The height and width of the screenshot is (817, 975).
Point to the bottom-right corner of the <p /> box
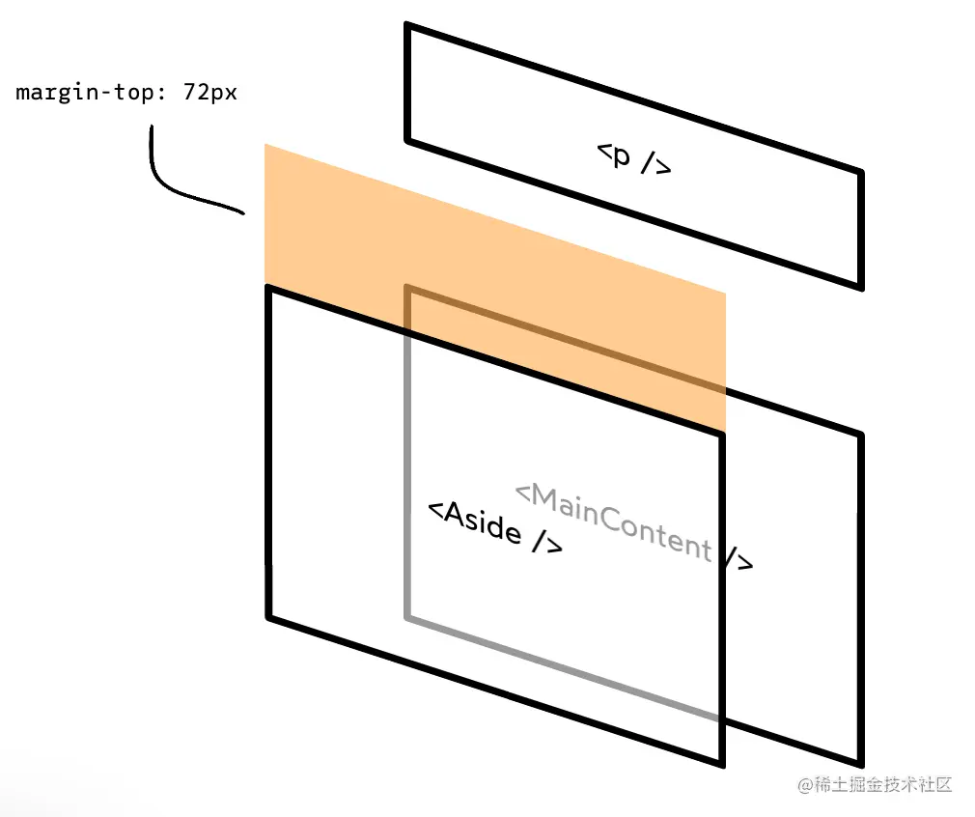859,286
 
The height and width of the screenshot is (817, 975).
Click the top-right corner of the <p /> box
859,174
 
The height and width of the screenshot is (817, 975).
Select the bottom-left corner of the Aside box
269,615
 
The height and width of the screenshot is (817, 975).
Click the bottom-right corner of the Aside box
721,764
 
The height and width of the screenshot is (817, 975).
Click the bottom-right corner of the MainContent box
859,764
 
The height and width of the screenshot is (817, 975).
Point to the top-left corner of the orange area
265,145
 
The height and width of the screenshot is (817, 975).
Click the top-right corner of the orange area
724,293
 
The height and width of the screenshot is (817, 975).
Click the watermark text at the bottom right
875,784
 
